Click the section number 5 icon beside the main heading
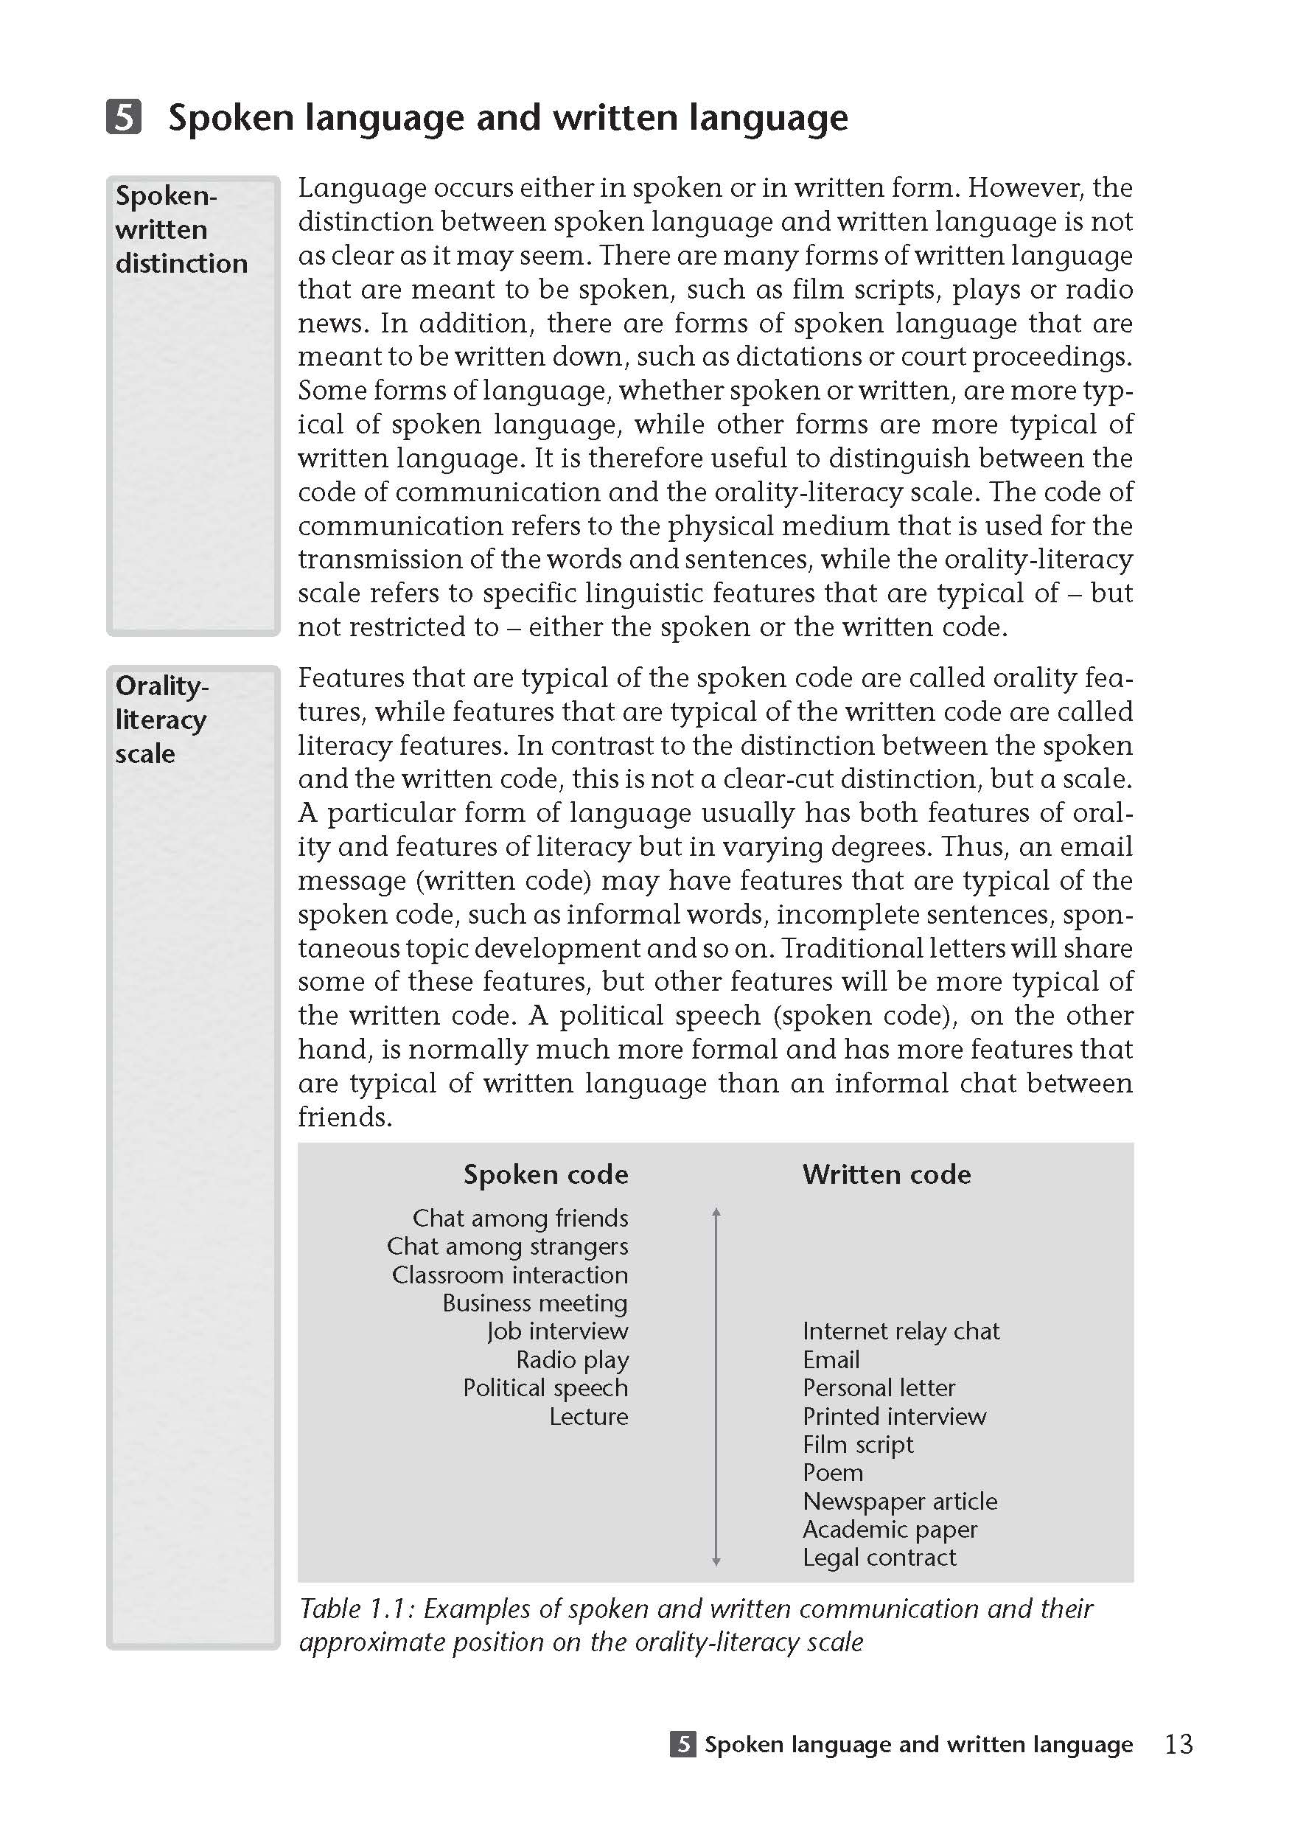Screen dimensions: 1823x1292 tap(123, 116)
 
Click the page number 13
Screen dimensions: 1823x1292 tap(1178, 1743)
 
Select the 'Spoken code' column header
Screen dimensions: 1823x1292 tap(545, 1174)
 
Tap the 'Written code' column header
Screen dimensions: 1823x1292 tap(886, 1174)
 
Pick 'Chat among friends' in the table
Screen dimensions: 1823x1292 tap(520, 1218)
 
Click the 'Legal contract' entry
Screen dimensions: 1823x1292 tap(879, 1557)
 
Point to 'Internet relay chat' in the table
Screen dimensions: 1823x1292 tap(901, 1331)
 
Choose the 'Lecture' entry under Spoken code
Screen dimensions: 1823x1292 tap(589, 1415)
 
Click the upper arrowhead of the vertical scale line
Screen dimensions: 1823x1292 tap(716, 1212)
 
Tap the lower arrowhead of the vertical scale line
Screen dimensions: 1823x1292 tap(716, 1562)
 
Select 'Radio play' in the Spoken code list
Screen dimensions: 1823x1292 tap(572, 1359)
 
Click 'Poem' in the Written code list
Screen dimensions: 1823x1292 tap(832, 1472)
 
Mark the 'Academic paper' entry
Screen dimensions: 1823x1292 tap(890, 1529)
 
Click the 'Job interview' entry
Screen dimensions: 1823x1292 tap(558, 1331)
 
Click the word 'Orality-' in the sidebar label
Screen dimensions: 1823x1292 tap(162, 685)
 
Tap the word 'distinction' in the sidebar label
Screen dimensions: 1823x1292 tap(181, 263)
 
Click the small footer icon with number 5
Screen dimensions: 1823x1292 tap(682, 1744)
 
